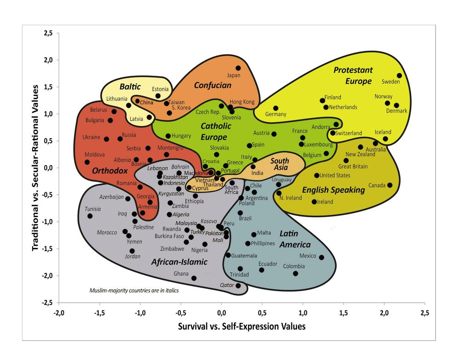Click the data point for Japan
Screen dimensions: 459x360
click(x=238, y=68)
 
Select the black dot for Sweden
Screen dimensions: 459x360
click(x=399, y=76)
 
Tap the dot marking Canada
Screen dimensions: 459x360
click(x=390, y=185)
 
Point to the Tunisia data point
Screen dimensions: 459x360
click(x=90, y=216)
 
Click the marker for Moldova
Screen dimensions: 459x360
click(x=87, y=162)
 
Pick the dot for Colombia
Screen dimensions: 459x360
click(x=295, y=273)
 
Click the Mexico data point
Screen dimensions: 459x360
click(x=321, y=257)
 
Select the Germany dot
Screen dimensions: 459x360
click(x=275, y=108)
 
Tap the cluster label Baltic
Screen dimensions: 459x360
click(x=130, y=87)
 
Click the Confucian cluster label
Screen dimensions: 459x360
click(x=213, y=85)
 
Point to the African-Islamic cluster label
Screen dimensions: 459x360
click(x=179, y=262)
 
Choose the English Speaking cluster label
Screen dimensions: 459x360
click(x=333, y=190)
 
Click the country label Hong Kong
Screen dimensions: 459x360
click(x=242, y=101)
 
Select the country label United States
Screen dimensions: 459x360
click(x=335, y=175)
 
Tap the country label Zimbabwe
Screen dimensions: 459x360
click(x=172, y=249)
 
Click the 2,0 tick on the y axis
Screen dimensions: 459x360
click(x=48, y=60)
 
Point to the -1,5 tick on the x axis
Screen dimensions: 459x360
click(x=100, y=313)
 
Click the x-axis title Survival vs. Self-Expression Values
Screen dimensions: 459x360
click(x=242, y=326)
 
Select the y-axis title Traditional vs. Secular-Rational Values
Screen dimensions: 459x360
click(x=35, y=168)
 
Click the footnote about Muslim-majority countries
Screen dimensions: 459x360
click(x=134, y=290)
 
